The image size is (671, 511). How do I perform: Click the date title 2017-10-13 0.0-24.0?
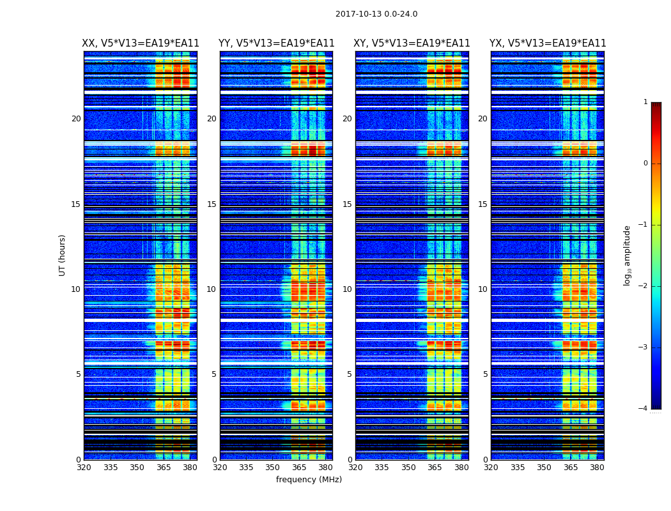[376, 14]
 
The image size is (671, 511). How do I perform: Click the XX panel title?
[141, 43]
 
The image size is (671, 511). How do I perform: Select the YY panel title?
[276, 43]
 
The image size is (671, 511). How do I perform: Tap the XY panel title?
[412, 43]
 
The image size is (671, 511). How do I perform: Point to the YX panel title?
[548, 43]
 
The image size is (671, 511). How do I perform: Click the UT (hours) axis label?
[63, 255]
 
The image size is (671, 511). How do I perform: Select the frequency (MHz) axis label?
[309, 480]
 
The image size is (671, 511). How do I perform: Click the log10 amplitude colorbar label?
[627, 255]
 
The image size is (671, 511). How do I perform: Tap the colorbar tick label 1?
[645, 102]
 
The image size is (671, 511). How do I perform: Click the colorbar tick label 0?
[645, 164]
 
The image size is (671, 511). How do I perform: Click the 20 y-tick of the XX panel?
[76, 119]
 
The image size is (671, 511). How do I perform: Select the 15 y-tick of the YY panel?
[212, 204]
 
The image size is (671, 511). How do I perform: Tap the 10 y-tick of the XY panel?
[347, 289]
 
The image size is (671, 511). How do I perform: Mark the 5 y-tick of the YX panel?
[485, 374]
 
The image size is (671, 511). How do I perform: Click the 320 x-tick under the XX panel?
[84, 468]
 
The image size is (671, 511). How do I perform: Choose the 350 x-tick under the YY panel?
[272, 468]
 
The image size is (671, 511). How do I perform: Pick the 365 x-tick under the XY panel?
[435, 468]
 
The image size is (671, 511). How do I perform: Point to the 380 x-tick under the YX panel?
[597, 468]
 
